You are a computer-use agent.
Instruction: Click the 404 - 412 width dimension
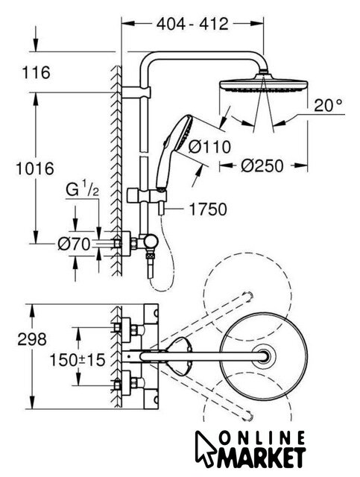point(192,24)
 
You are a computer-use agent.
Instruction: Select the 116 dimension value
point(37,73)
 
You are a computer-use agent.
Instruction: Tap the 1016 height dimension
point(35,168)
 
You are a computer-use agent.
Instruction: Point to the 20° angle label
point(328,105)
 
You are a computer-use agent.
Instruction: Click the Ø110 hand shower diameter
point(209,147)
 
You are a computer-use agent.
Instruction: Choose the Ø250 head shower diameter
point(262,166)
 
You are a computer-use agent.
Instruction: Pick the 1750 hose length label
point(208,209)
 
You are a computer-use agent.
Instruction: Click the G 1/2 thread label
point(82,191)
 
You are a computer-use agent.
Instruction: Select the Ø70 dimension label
point(75,244)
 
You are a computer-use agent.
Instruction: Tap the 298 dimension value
point(32,339)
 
